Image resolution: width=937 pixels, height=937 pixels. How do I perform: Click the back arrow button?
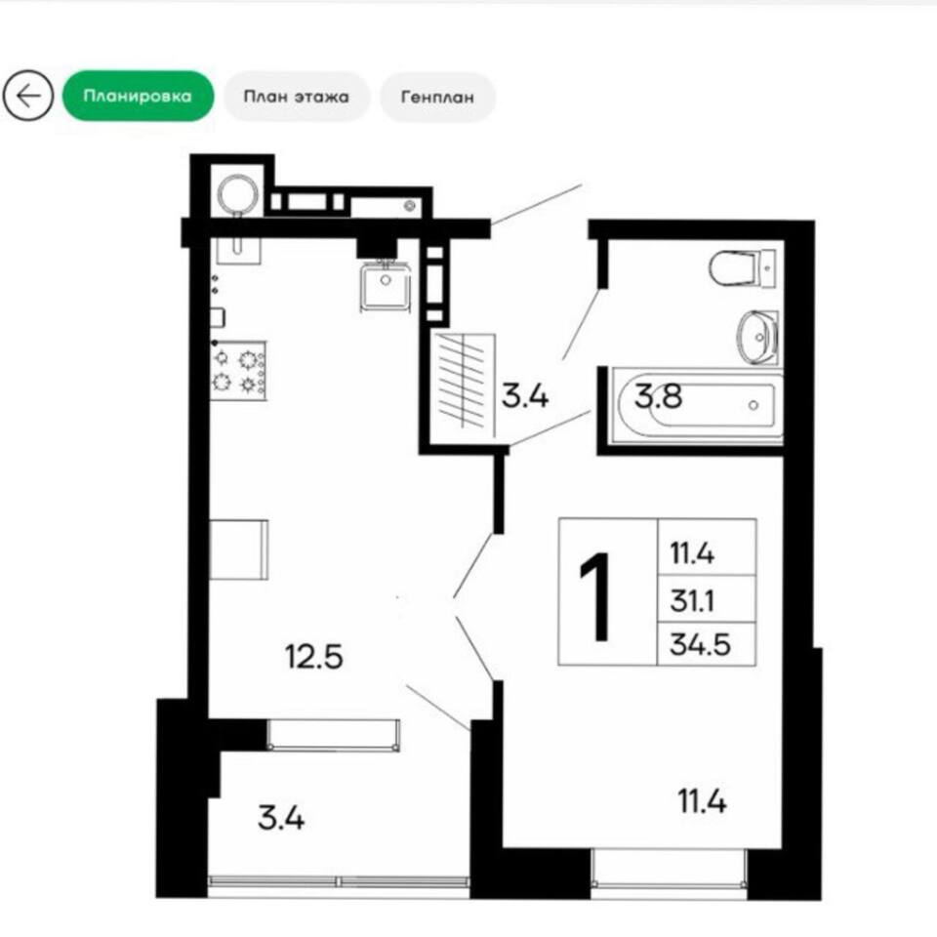pos(27,96)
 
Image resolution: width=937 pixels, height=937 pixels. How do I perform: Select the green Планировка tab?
pos(138,97)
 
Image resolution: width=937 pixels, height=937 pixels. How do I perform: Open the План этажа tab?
pos(297,97)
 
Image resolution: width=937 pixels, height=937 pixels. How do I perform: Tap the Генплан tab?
pos(437,97)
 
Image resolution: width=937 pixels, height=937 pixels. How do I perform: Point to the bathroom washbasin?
pos(757,337)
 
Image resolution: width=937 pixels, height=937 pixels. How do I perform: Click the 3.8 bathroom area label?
pos(658,395)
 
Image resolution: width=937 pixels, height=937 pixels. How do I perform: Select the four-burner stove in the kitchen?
pos(238,371)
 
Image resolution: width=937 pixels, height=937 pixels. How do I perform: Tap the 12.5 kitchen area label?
pos(313,656)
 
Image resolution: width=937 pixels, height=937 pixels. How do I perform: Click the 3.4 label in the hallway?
pos(525,395)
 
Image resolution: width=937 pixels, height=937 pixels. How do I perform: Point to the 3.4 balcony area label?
pos(281,818)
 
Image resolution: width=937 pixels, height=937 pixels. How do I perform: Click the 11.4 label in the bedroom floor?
pos(702,800)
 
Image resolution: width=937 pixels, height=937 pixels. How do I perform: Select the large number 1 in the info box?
pos(595,595)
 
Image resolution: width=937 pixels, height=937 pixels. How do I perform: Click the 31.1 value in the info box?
pos(692,600)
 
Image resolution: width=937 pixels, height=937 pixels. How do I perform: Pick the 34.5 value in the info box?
pos(701,645)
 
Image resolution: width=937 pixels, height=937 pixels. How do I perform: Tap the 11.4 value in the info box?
pos(692,553)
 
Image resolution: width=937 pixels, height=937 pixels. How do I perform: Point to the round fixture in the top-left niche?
pos(238,195)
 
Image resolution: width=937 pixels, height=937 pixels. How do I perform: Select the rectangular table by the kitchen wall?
pos(238,550)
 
